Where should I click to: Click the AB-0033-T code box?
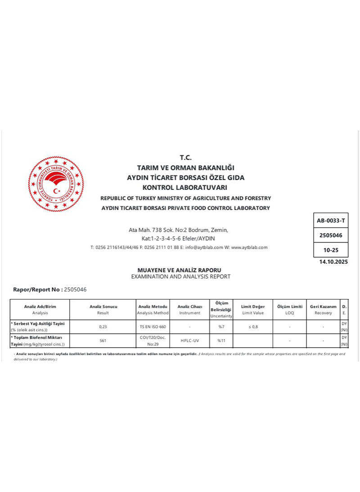pyautogui.click(x=331, y=220)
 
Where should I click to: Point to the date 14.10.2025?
pyautogui.click(x=333, y=262)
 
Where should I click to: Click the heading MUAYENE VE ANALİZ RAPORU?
pyautogui.click(x=179, y=270)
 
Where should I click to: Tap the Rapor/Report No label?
pyautogui.click(x=38, y=290)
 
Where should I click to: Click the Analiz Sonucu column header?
pyautogui.click(x=103, y=307)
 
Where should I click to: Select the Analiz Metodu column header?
pyautogui.click(x=153, y=307)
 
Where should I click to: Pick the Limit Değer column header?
pyautogui.click(x=253, y=307)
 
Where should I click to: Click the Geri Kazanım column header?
pyautogui.click(x=323, y=307)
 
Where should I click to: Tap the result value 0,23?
pyautogui.click(x=103, y=327)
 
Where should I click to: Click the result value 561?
pyautogui.click(x=103, y=340)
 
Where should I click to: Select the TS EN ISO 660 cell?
pyautogui.click(x=153, y=327)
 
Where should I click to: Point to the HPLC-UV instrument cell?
pyautogui.click(x=190, y=340)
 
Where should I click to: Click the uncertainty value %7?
pyautogui.click(x=221, y=327)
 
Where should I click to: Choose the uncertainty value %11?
pyautogui.click(x=221, y=340)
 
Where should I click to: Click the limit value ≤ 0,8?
pyautogui.click(x=253, y=327)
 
